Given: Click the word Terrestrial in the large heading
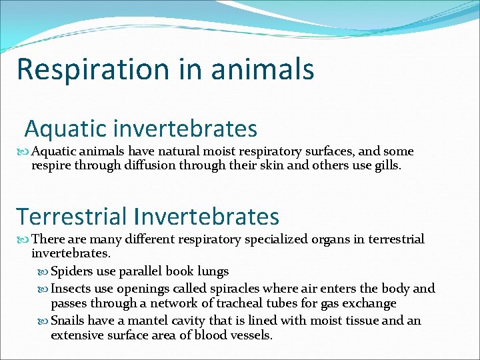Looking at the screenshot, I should click(71, 216).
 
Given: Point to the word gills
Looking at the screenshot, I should click(387, 165).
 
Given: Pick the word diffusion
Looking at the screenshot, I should click(151, 165).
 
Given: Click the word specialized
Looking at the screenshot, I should click(275, 239).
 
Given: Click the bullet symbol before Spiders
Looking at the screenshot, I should click(43, 272).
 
